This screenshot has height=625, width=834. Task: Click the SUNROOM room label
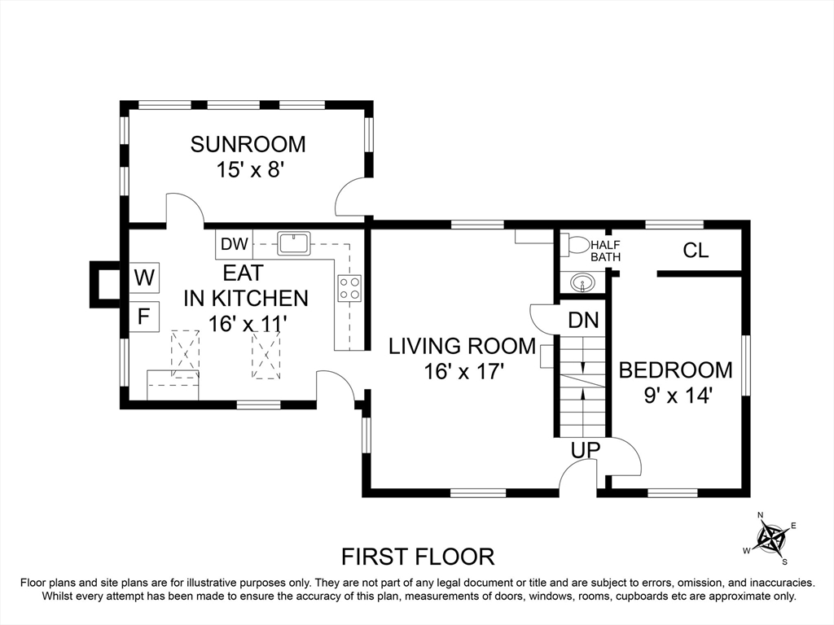(248, 145)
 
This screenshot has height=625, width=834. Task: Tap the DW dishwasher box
(234, 244)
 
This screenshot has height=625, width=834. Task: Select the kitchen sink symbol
(294, 243)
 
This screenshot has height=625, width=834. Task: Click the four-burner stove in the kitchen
(349, 288)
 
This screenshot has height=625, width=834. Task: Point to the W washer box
(144, 278)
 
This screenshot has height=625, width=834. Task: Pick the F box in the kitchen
(144, 317)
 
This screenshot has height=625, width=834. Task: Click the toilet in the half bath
(575, 245)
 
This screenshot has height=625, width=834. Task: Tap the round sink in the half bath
(583, 282)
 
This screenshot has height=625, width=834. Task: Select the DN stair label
(583, 320)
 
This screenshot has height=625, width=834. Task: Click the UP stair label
(586, 449)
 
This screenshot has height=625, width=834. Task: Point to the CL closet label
(696, 250)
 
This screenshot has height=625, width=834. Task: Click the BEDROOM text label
(675, 370)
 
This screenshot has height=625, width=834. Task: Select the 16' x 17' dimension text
(463, 371)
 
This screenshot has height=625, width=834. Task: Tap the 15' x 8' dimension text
(248, 170)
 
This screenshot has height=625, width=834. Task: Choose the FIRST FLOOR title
(418, 557)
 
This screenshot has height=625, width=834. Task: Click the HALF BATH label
(605, 251)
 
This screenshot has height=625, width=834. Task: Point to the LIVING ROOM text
(463, 346)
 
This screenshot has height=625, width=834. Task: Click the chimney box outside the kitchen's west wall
(104, 284)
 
